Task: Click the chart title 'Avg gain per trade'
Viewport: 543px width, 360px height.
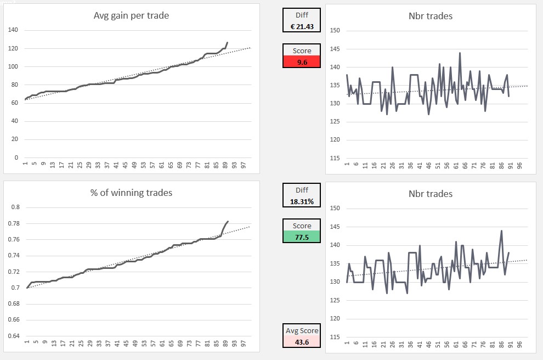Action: tap(131, 15)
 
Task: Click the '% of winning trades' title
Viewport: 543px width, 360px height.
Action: tap(131, 193)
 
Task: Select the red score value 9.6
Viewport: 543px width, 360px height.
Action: tap(301, 62)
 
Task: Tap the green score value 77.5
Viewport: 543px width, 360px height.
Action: tap(301, 237)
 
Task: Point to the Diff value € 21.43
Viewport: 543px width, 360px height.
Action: tap(301, 26)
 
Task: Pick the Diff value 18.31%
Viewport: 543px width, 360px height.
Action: tap(301, 201)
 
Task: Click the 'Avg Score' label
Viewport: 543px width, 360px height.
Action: tap(301, 331)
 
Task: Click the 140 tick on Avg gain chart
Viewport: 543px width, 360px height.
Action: tap(13, 30)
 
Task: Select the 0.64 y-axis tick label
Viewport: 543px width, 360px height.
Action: tap(15, 336)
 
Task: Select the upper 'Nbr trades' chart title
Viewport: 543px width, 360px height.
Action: tap(431, 16)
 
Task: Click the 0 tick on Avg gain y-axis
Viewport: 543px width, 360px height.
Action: tap(16, 157)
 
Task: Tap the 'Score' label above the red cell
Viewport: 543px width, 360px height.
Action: tap(301, 50)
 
